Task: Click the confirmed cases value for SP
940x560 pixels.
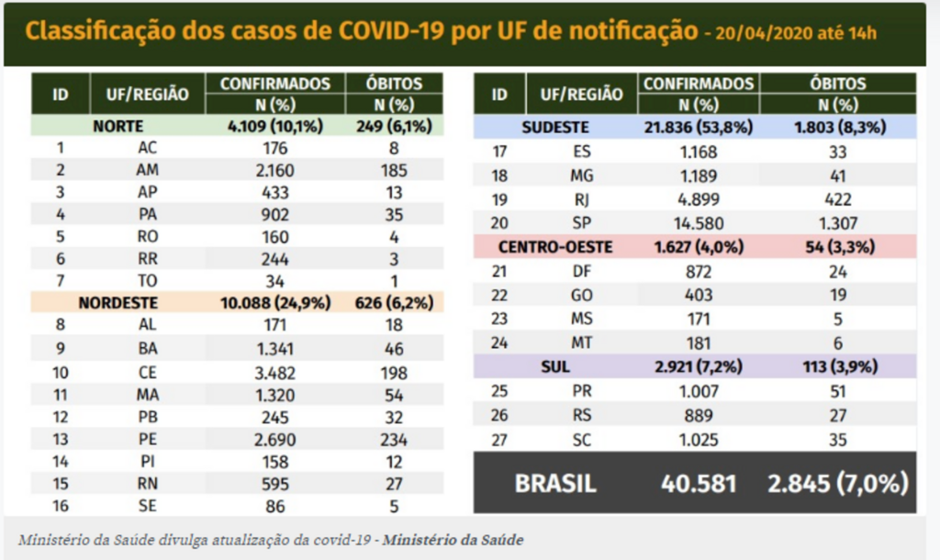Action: click(x=699, y=223)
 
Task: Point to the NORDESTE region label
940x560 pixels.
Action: click(x=117, y=302)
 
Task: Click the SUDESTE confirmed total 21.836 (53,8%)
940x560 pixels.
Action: click(x=699, y=128)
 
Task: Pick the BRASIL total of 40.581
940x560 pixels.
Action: click(x=699, y=483)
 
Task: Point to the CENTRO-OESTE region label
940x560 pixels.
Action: click(x=554, y=247)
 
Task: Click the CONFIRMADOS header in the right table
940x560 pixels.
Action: click(x=699, y=84)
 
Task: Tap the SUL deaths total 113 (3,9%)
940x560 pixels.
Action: click(x=837, y=366)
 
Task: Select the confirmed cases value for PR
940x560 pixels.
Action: click(x=699, y=390)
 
